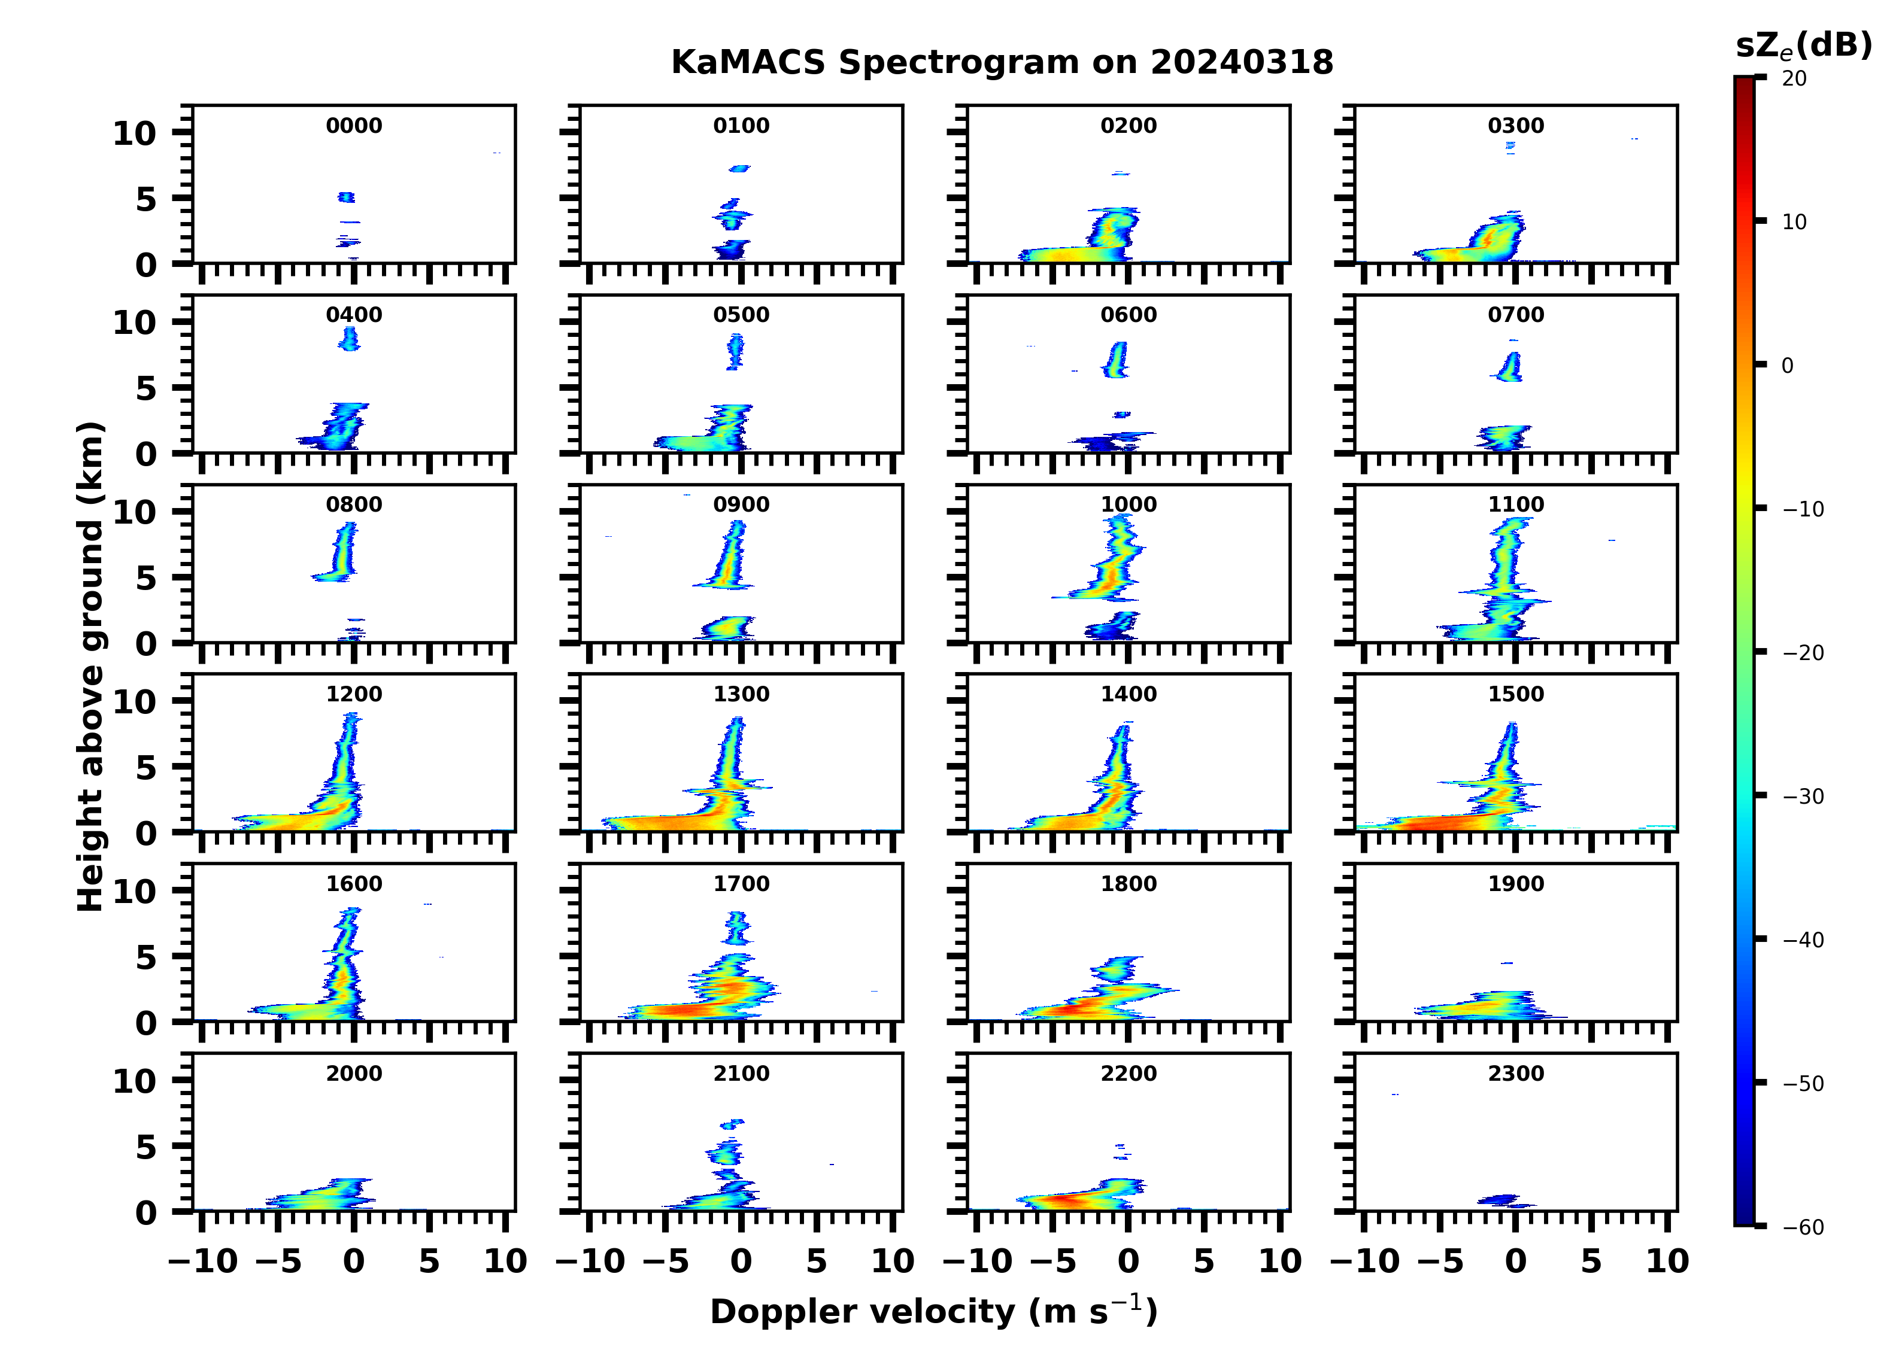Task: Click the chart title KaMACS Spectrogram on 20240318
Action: (1002, 63)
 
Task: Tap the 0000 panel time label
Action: (354, 126)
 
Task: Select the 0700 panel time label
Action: (1515, 315)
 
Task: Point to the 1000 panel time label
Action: (1128, 504)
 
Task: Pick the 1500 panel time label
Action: (1515, 694)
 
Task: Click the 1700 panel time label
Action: (741, 884)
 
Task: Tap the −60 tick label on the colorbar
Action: (1803, 1227)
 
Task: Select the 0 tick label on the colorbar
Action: (1787, 366)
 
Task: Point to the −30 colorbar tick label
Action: (1803, 796)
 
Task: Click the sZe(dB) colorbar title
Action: (1803, 46)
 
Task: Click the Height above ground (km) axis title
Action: (90, 667)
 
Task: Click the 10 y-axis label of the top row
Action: (134, 133)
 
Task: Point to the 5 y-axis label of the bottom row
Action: (146, 1147)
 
